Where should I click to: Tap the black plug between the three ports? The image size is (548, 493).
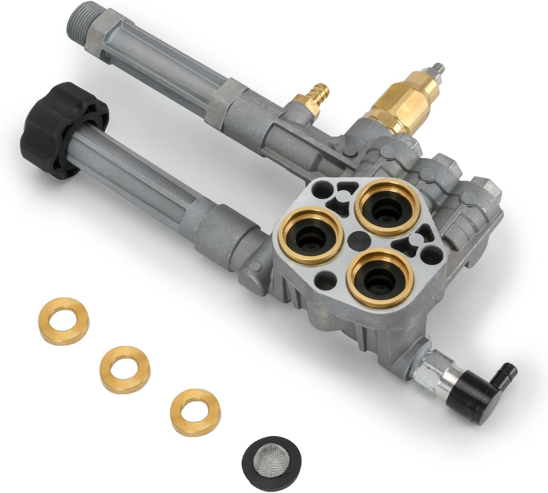pyautogui.click(x=354, y=240)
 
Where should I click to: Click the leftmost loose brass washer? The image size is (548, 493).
pyautogui.click(x=63, y=316)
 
